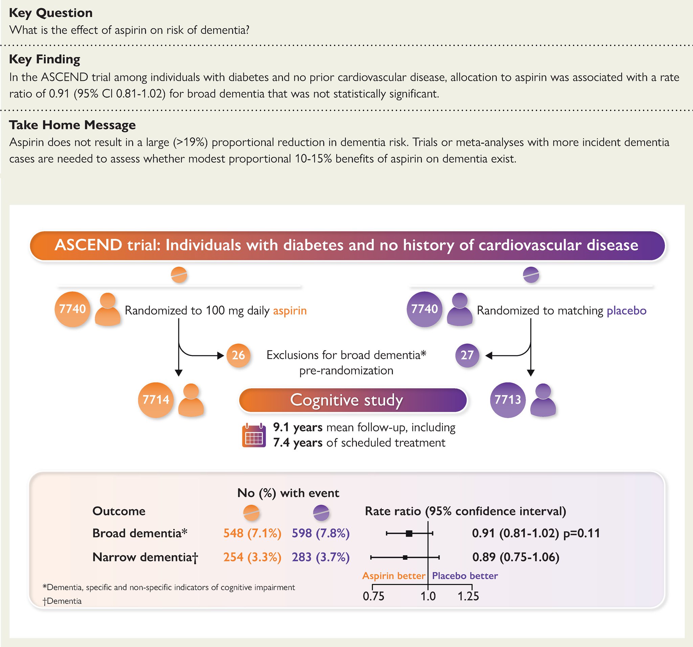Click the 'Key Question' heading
(51, 13)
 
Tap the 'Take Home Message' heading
(72, 125)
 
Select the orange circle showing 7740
(72, 309)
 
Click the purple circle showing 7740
(424, 309)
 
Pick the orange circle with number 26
(239, 355)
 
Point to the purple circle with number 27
(467, 355)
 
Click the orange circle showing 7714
(156, 400)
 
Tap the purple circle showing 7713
(508, 400)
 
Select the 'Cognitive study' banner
(353, 400)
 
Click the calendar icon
(254, 436)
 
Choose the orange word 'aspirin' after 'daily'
(290, 310)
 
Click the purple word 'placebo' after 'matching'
(626, 310)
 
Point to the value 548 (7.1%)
(252, 533)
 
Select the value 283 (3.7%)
(321, 557)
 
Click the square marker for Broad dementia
(409, 533)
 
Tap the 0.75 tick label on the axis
(373, 597)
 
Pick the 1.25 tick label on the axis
(468, 597)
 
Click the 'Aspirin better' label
(394, 576)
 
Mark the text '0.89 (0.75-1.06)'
(516, 557)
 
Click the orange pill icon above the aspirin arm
(179, 275)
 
